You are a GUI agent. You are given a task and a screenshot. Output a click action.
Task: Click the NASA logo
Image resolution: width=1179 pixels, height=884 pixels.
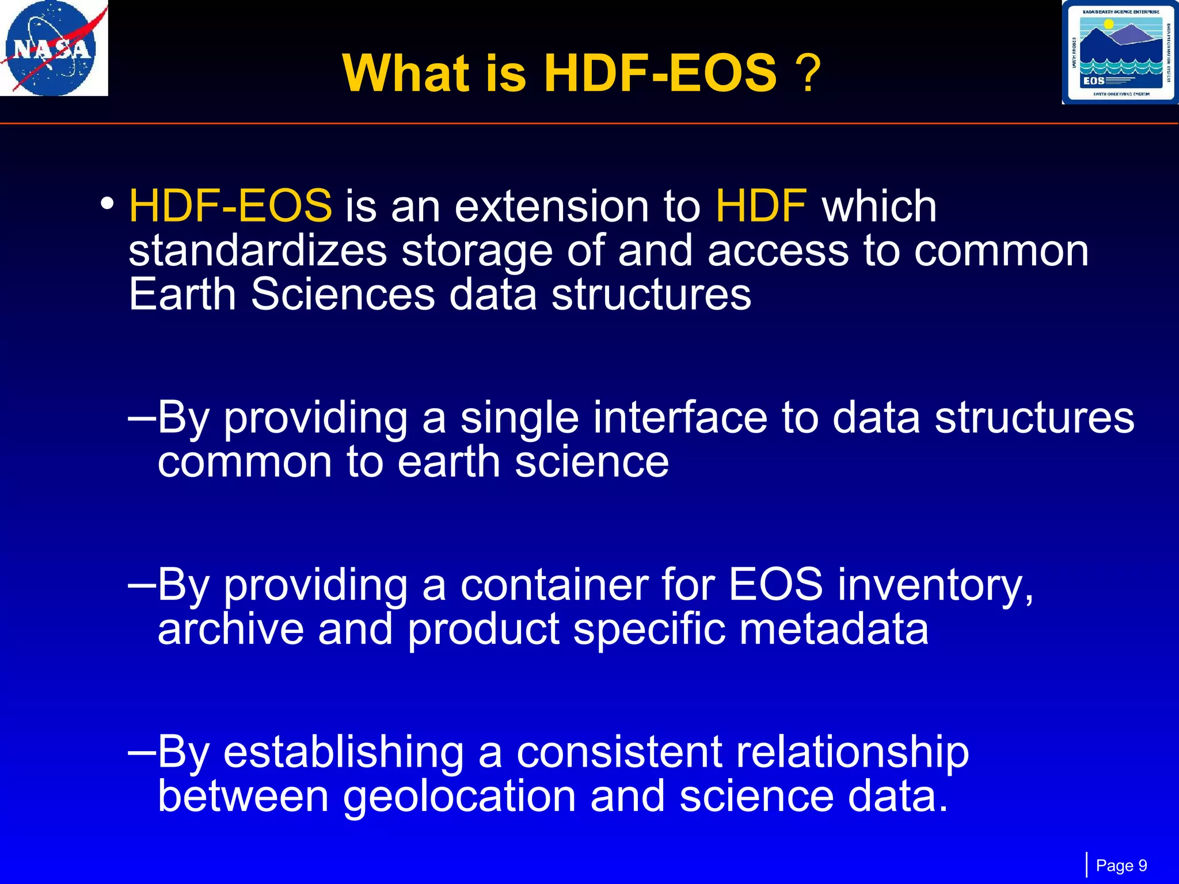[54, 48]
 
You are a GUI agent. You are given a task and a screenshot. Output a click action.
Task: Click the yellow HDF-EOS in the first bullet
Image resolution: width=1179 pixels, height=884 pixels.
[230, 206]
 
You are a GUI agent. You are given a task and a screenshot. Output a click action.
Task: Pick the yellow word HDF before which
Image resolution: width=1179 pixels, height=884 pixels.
[760, 206]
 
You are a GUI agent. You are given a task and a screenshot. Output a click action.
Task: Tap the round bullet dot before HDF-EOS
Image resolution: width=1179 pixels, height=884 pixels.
[107, 203]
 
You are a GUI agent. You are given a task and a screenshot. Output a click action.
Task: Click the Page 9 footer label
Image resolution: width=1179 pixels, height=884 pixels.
[1121, 866]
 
